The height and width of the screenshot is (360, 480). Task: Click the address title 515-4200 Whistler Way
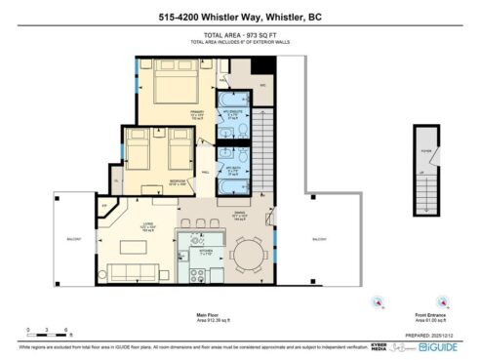click(239, 17)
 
